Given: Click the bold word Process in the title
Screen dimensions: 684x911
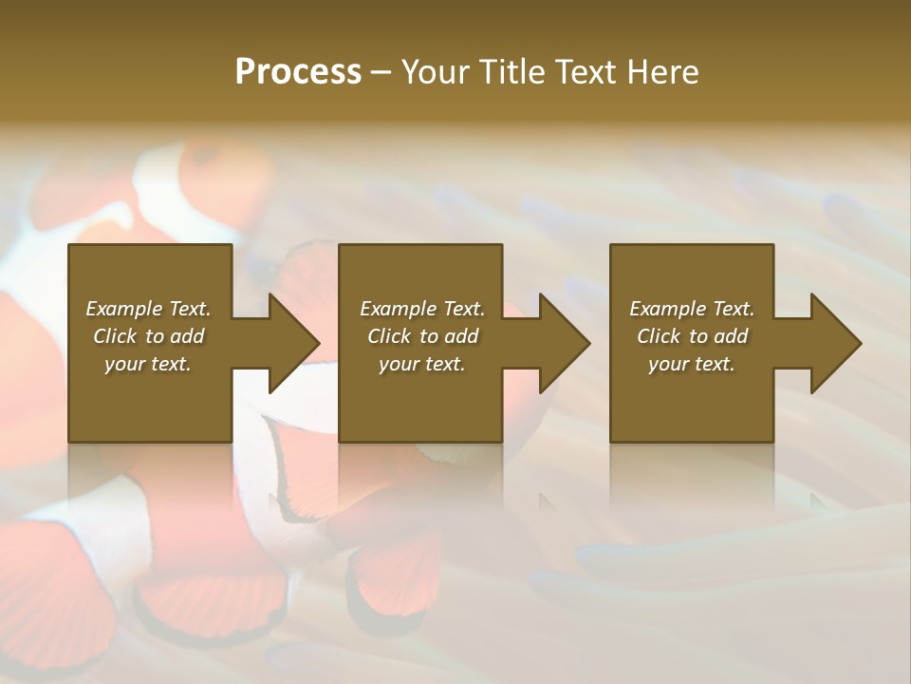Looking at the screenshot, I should coord(298,72).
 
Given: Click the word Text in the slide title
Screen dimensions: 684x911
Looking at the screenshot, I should coord(587,72).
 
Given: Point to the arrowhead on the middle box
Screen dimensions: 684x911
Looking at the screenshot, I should coord(563,343).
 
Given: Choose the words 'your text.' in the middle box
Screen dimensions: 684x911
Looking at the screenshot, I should coord(421,364).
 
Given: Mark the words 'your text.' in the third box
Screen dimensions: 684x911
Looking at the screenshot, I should coord(691,364).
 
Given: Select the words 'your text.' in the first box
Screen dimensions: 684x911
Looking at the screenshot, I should coord(147,364).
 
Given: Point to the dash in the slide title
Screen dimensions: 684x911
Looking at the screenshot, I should coord(381,72).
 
